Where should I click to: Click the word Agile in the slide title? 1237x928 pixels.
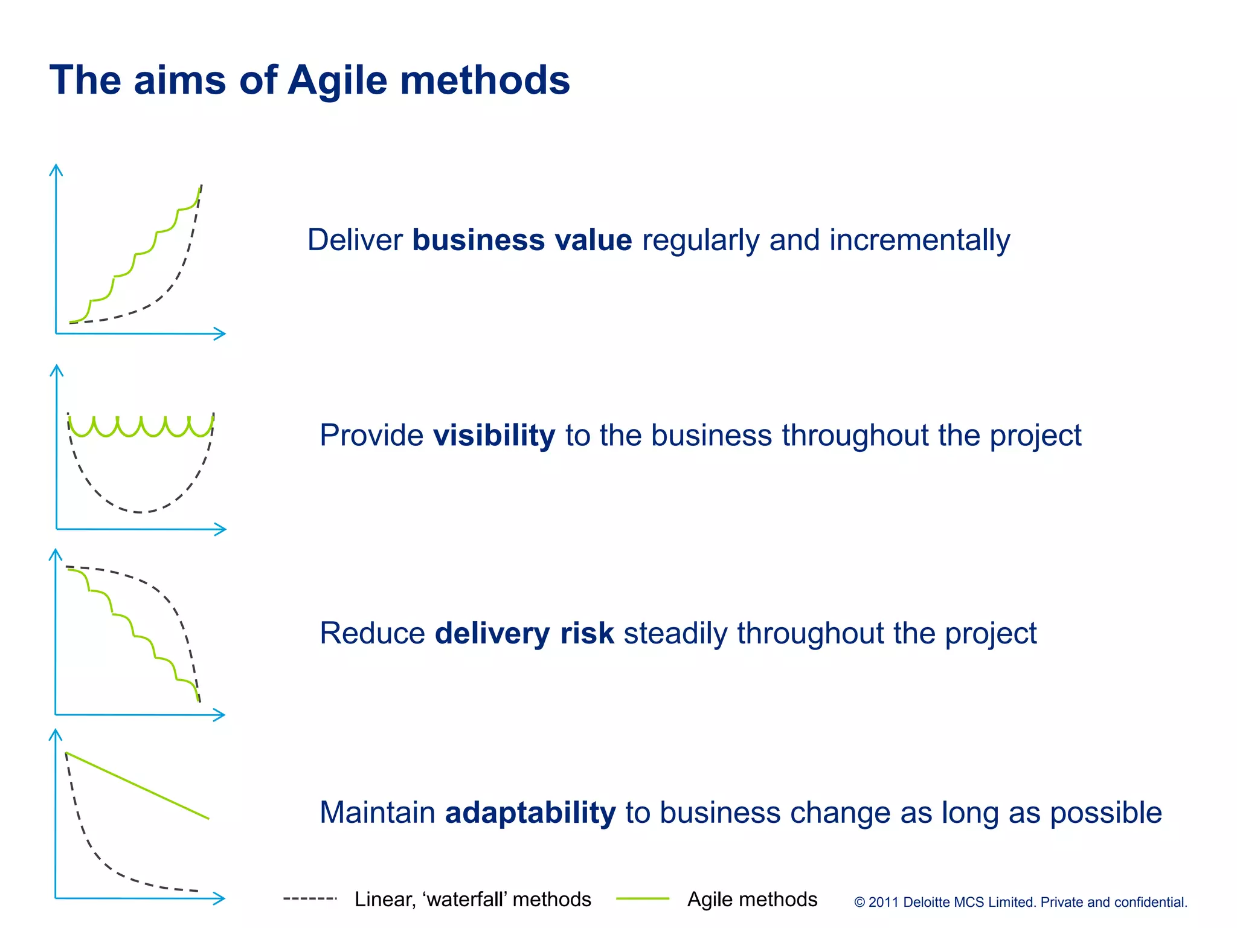(337, 80)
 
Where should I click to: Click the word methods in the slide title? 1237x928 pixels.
(485, 80)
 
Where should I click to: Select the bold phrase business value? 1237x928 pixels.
(522, 240)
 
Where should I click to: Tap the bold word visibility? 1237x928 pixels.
(493, 435)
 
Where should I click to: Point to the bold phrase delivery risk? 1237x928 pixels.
(524, 633)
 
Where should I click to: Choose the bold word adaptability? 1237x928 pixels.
(530, 812)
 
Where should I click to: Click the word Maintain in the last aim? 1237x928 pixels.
(377, 812)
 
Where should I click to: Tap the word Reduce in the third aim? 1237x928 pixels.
(372, 633)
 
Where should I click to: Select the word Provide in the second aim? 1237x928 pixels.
(371, 435)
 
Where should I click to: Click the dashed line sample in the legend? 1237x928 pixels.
(310, 899)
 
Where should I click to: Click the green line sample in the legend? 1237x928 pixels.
(642, 899)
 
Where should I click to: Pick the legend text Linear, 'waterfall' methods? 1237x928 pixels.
(472, 899)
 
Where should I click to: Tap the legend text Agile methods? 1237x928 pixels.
(752, 899)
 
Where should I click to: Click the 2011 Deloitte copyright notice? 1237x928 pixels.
(1020, 902)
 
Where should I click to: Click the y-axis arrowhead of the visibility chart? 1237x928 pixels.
(56, 369)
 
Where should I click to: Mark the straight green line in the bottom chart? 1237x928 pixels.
(137, 785)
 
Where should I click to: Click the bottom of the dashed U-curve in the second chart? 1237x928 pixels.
(140, 512)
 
